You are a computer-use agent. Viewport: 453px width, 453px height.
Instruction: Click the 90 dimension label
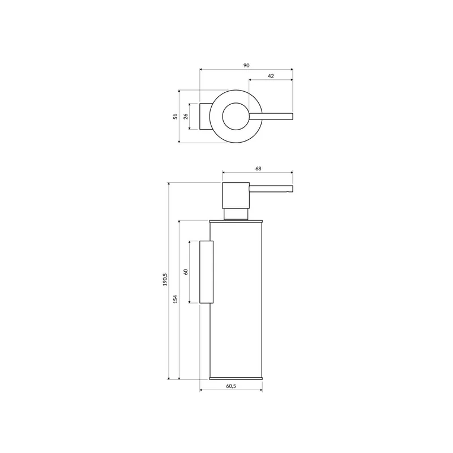pyautogui.click(x=246, y=66)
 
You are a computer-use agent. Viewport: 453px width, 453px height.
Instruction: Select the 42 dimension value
pyautogui.click(x=271, y=76)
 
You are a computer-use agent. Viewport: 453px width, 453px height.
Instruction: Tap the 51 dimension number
pyautogui.click(x=176, y=117)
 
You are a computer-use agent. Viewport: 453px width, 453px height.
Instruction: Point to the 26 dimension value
pyautogui.click(x=186, y=116)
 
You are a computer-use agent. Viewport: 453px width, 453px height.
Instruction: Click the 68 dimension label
pyautogui.click(x=258, y=168)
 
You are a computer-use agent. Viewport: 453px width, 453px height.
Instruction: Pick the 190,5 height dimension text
pyautogui.click(x=165, y=280)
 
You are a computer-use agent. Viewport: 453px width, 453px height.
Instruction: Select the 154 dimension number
pyautogui.click(x=176, y=299)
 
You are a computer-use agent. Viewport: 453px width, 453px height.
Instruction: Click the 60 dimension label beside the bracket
pyautogui.click(x=186, y=272)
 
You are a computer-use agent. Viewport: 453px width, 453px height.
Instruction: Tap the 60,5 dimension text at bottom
pyautogui.click(x=231, y=386)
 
